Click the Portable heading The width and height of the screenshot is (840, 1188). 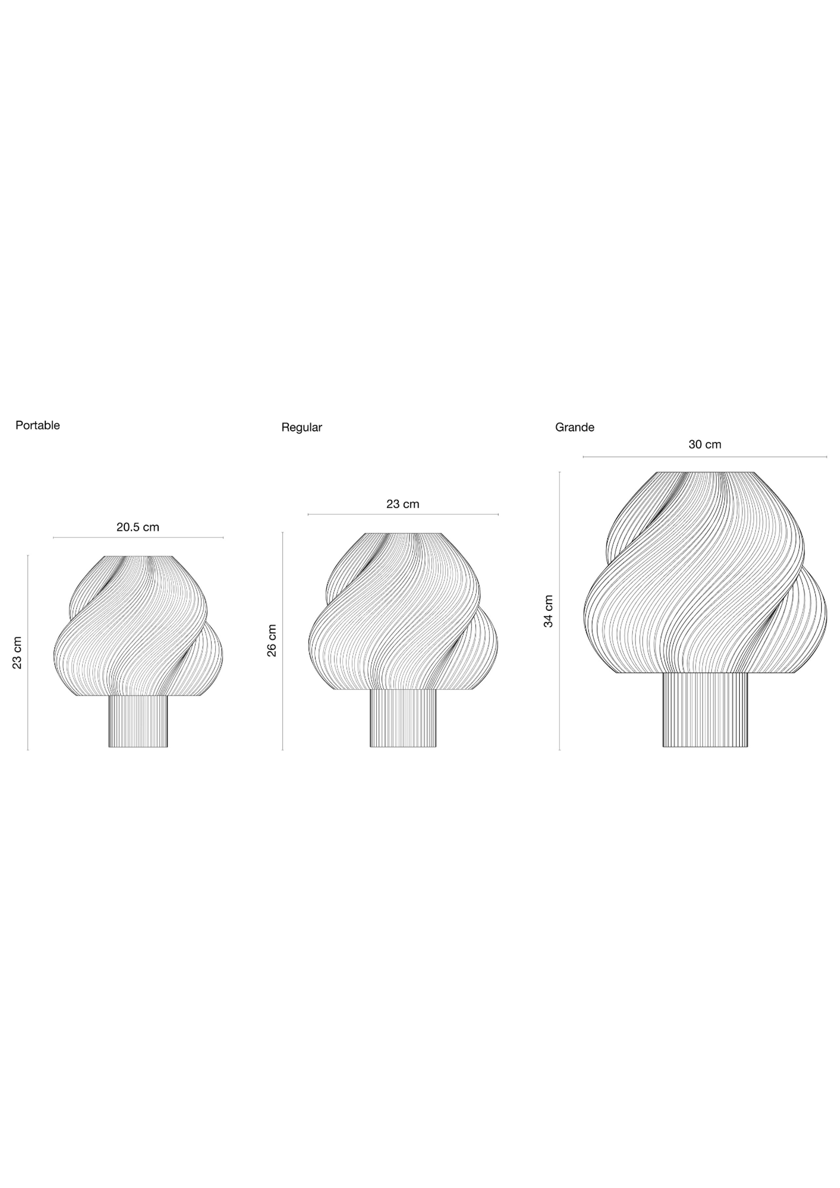(38, 425)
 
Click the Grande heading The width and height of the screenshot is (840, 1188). (575, 427)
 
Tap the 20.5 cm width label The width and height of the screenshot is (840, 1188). (138, 527)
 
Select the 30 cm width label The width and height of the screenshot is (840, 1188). (704, 445)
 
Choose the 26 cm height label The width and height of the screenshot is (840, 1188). (272, 640)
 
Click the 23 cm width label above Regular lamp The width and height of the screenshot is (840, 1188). (403, 504)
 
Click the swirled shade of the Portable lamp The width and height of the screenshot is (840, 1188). (138, 626)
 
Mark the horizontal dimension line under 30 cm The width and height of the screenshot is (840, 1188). (704, 457)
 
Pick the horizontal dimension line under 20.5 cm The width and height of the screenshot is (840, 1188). (138, 538)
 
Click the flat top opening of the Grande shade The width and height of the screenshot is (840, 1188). (705, 472)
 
